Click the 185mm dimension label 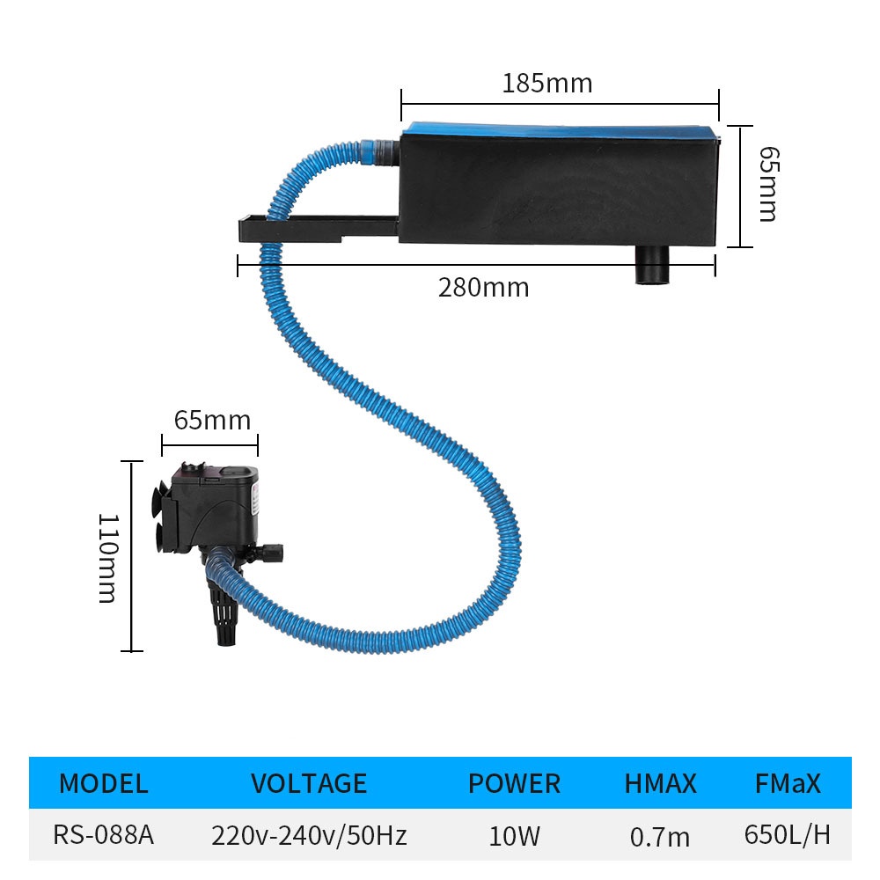click(546, 84)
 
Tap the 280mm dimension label click(483, 287)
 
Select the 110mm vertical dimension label click(106, 559)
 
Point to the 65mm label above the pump click(211, 420)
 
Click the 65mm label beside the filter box click(766, 184)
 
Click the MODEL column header click(103, 783)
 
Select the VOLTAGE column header click(308, 783)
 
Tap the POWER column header click(514, 783)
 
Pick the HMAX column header click(660, 783)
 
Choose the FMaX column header click(788, 783)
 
